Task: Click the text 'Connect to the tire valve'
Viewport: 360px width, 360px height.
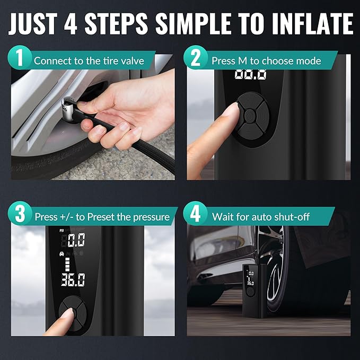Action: coord(89,60)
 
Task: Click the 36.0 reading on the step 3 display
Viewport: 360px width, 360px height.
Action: coord(73,280)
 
